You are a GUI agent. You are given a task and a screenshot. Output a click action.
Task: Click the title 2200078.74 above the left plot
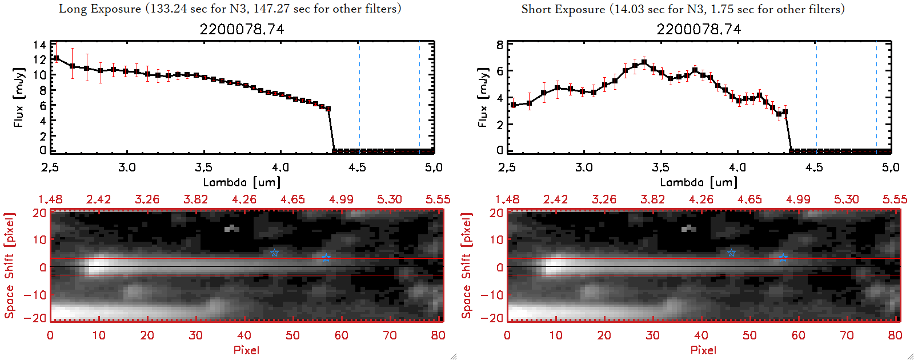coord(242,29)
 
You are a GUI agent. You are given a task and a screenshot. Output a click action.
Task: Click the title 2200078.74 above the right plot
coord(699,29)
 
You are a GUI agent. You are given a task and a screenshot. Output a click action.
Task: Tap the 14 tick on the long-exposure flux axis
coord(39,45)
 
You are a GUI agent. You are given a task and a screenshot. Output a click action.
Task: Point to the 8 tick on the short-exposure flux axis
coord(500,45)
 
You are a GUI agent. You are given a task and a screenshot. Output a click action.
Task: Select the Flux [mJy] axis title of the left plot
coord(19,98)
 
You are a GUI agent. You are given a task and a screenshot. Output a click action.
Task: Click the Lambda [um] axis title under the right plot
coord(699,182)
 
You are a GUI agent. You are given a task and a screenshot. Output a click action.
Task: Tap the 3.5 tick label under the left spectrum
coord(204,167)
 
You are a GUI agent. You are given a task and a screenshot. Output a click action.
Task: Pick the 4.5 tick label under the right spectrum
coord(814,167)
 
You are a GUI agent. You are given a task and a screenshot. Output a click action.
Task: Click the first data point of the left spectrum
coord(56,58)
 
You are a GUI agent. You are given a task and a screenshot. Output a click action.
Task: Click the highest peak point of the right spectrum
coord(644,62)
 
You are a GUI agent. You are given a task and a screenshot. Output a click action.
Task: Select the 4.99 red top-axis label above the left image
coord(341,199)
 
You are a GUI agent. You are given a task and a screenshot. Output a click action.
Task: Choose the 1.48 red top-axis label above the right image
coord(507,199)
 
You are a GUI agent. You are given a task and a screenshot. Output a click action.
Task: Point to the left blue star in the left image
coord(274,253)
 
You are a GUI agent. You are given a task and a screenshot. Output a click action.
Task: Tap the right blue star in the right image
coord(783,257)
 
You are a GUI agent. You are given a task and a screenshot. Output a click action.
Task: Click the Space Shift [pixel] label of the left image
coord(9,266)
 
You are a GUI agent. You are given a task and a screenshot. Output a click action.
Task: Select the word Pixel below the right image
coord(703,350)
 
